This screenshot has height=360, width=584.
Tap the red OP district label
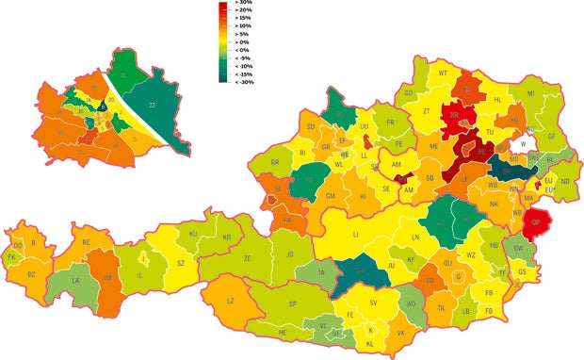coord(536,223)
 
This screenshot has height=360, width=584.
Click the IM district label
coord(108,276)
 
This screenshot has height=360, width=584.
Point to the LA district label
coord(75,281)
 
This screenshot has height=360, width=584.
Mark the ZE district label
coord(248,257)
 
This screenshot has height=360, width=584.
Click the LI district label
coord(355,232)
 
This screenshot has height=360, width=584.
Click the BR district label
coord(275,162)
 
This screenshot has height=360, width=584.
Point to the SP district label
coord(293,303)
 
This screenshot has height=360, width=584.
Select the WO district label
coord(410,303)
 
